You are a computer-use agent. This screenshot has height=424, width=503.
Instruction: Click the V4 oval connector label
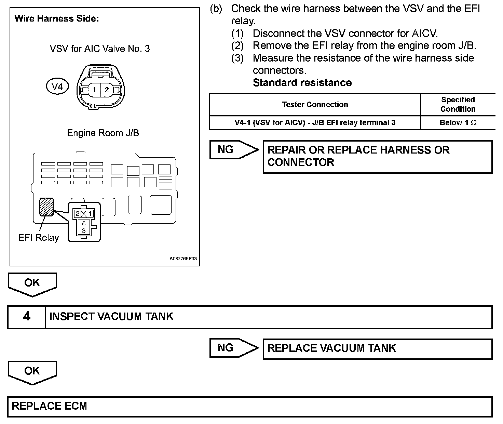(57, 87)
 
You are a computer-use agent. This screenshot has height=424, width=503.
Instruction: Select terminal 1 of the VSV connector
(95, 90)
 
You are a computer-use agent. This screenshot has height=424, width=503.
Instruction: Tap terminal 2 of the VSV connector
(107, 90)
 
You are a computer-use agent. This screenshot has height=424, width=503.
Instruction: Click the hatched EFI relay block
(46, 207)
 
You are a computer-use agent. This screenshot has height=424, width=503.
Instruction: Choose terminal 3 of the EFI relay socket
(84, 231)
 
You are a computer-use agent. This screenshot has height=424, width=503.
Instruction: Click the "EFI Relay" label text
(39, 238)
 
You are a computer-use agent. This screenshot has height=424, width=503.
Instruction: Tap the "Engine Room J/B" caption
(103, 133)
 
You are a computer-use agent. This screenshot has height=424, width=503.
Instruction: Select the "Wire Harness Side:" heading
(57, 18)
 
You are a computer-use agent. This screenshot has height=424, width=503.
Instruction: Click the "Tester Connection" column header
(315, 105)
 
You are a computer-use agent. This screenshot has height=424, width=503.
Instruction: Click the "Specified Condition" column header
(458, 104)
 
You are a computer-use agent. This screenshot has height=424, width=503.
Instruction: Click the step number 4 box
(27, 316)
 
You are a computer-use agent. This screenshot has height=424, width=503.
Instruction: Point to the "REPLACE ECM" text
(50, 406)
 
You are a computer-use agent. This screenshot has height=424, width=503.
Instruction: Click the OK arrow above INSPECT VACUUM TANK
(32, 283)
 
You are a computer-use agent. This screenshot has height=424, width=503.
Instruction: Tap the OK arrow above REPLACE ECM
(32, 372)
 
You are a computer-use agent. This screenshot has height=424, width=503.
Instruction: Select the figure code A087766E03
(183, 259)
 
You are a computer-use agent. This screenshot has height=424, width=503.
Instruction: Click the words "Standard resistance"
(302, 83)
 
